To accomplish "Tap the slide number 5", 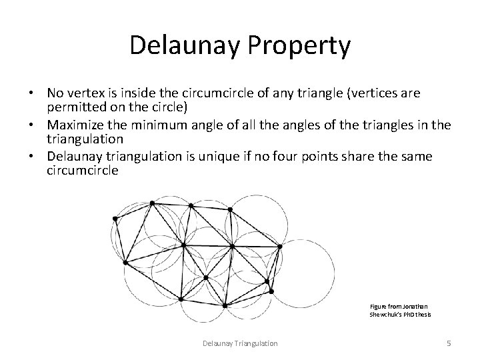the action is pos(449,343).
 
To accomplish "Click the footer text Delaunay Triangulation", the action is pos(240,343).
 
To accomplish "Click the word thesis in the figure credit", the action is pos(422,314).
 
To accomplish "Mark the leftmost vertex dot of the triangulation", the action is pos(115,218).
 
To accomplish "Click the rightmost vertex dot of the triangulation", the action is pos(279,247).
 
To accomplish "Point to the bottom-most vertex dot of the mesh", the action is pos(225,305).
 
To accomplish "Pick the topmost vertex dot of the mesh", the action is pos(153,203).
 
